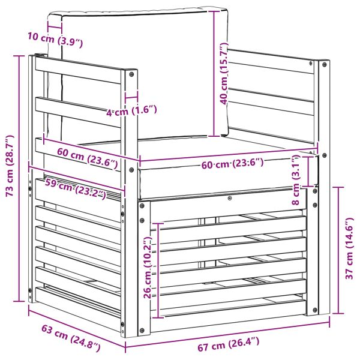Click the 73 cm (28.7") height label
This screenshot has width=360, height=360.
click(x=10, y=166)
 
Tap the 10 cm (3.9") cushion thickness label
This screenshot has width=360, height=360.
click(x=55, y=40)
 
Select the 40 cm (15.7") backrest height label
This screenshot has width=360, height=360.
click(x=224, y=73)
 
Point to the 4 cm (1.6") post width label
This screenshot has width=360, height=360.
click(x=132, y=110)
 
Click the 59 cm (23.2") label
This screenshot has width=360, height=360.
click(x=76, y=188)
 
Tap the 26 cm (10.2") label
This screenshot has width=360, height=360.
click(x=148, y=268)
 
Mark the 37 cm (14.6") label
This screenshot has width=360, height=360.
click(x=349, y=248)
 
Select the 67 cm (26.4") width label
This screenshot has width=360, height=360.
click(x=229, y=344)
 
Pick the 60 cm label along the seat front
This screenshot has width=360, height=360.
click(x=232, y=163)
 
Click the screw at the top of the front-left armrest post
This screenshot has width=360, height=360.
click(x=131, y=74)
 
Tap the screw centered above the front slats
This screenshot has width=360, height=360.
click(x=230, y=198)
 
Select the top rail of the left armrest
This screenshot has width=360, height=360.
click(x=78, y=70)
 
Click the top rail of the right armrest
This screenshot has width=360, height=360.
click(x=271, y=61)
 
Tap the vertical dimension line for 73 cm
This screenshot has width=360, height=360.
click(x=19, y=178)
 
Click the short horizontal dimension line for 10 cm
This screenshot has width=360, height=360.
click(x=55, y=28)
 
